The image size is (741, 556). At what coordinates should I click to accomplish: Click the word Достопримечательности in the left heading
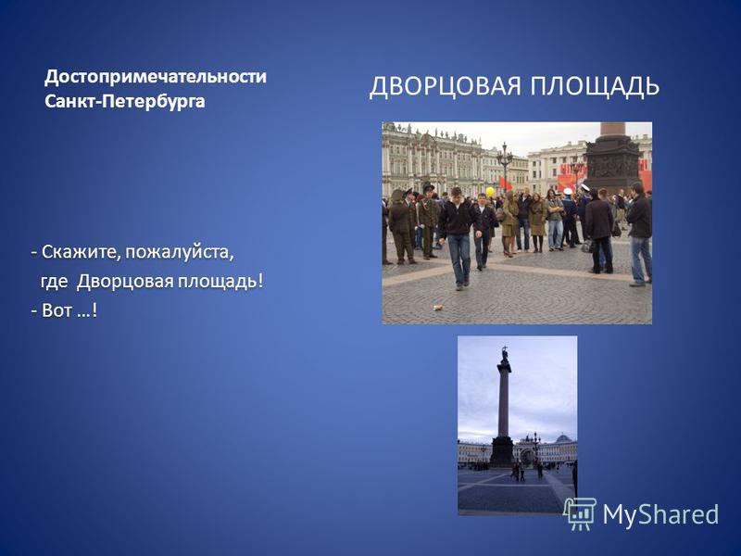coord(156,77)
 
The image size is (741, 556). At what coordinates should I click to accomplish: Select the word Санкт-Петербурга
coord(125,101)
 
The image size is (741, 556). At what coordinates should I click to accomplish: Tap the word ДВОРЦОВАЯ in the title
coord(446,87)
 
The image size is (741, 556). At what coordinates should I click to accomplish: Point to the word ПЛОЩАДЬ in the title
coord(594,87)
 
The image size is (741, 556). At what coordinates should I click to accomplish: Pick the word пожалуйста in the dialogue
coord(179,253)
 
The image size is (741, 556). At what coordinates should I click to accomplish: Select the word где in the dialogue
coord(55,283)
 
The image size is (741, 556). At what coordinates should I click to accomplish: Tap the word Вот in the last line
coord(57,310)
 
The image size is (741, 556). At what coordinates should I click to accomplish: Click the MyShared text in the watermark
coord(660,514)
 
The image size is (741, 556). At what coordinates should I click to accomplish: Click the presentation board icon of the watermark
coord(580,513)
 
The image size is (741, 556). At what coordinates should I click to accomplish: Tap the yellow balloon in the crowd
coord(490,192)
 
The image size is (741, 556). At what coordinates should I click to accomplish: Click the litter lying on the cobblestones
coord(437,308)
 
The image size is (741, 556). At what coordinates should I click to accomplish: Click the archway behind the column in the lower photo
coord(527,456)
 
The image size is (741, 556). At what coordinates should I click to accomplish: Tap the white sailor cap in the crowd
coord(568,192)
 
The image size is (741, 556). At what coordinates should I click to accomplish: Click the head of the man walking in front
coord(456,193)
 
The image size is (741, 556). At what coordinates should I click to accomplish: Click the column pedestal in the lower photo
coord(501,451)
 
